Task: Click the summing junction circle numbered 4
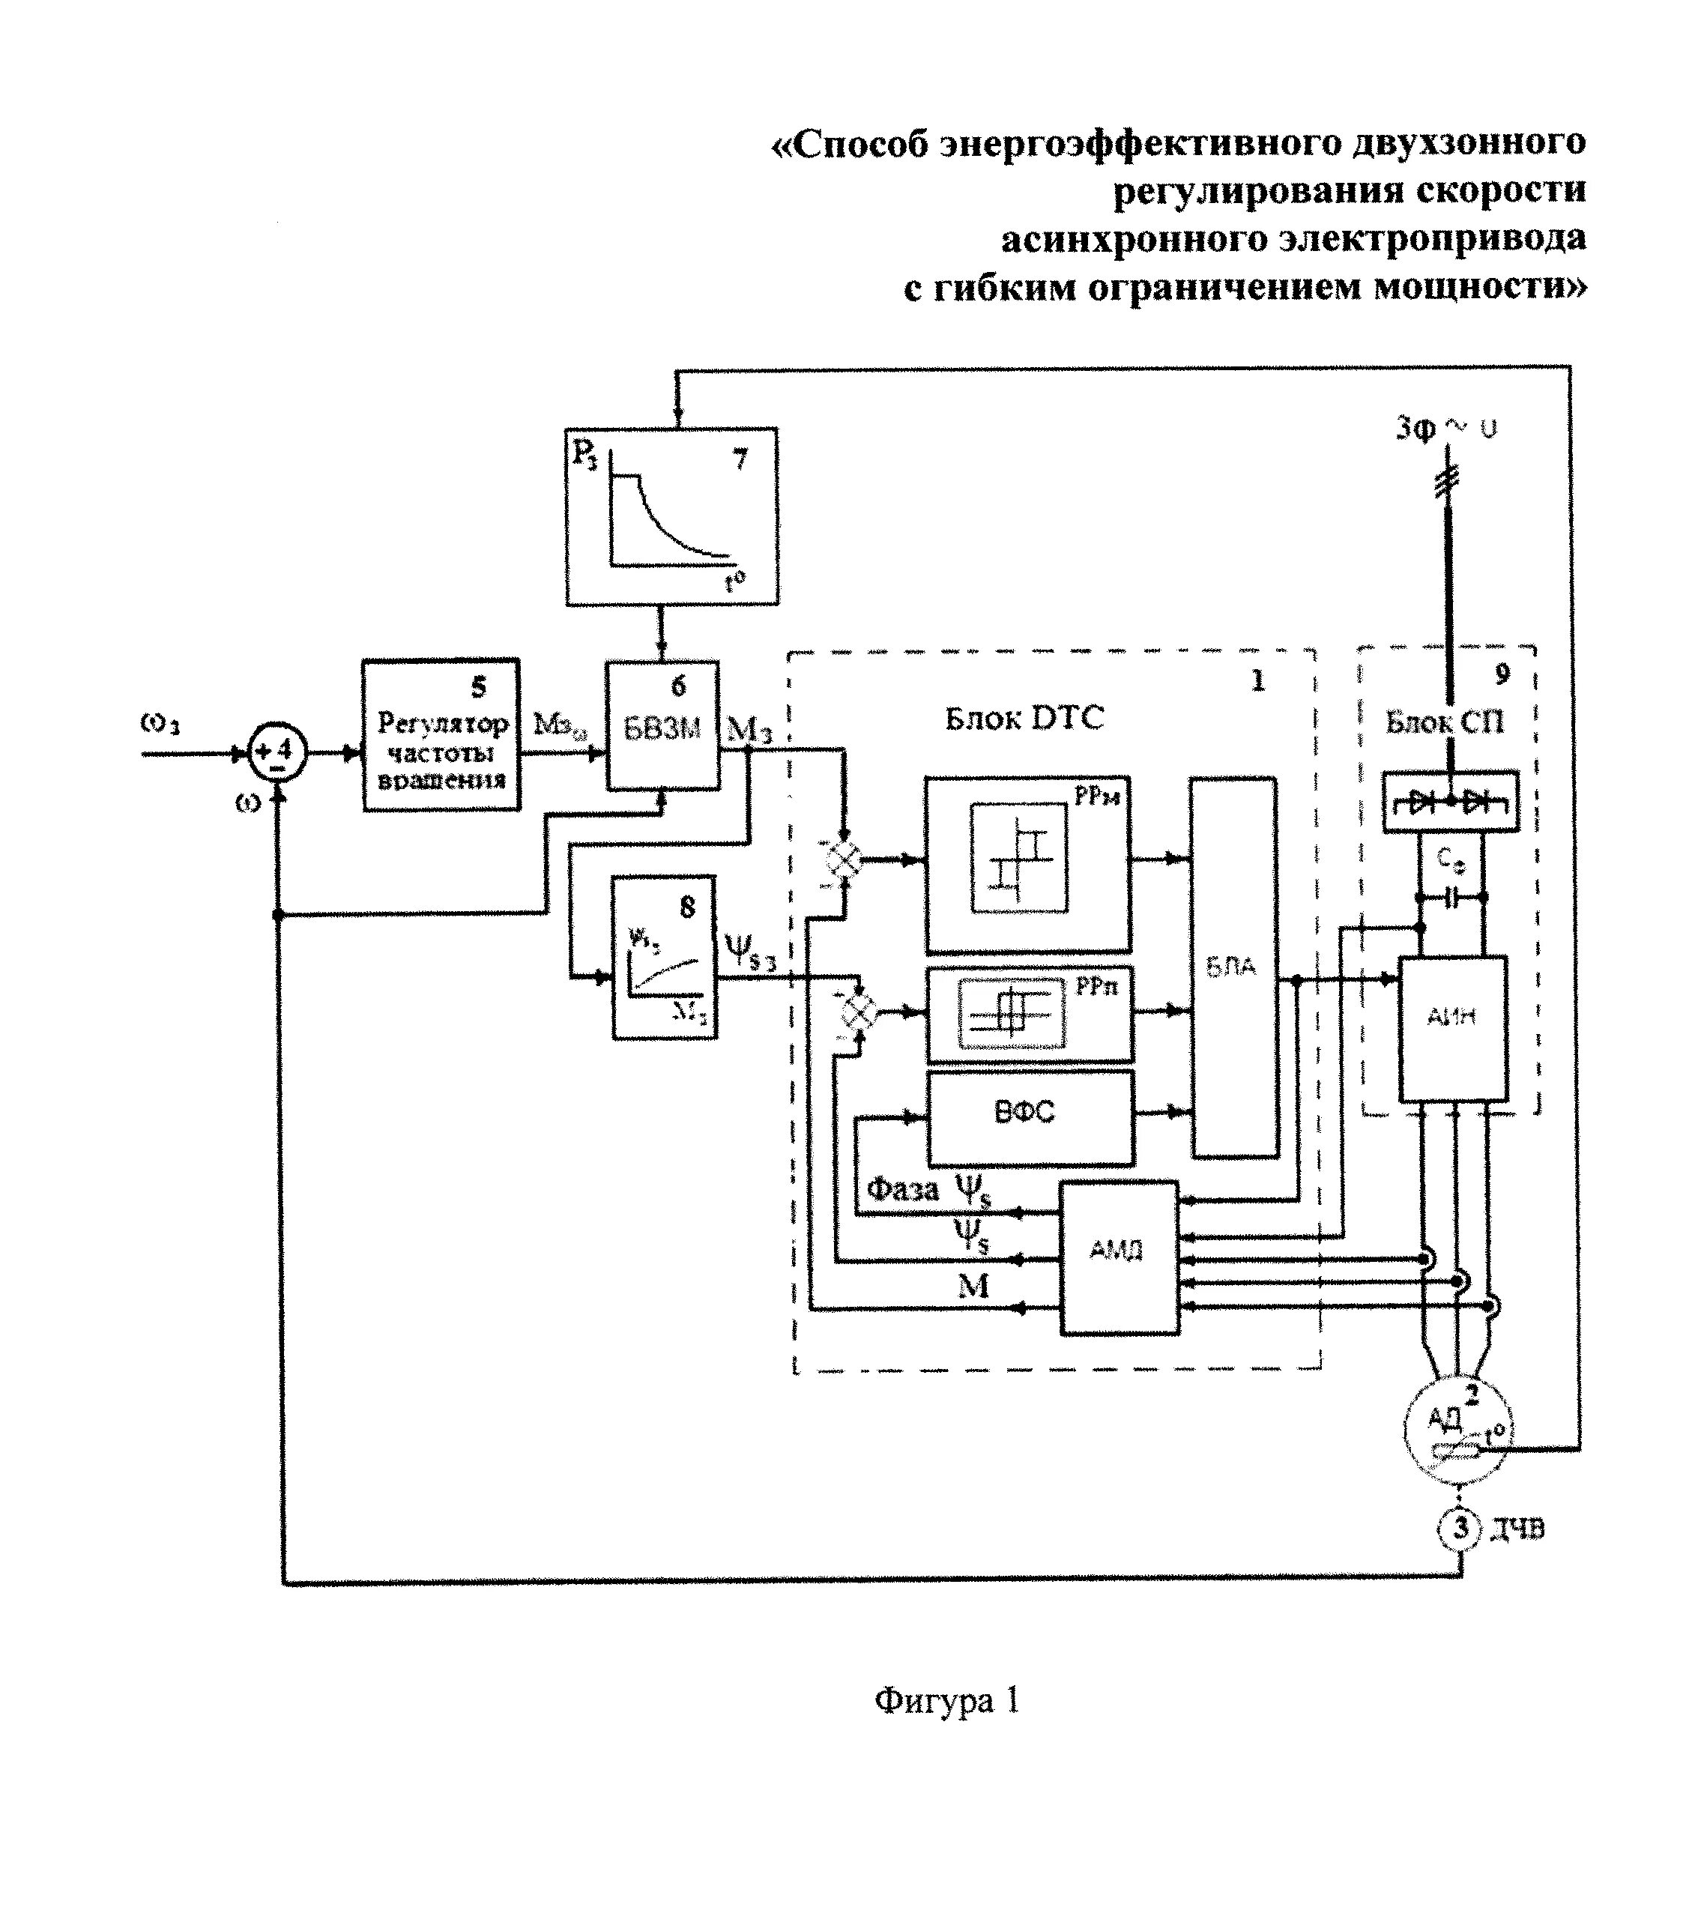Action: pyautogui.click(x=277, y=753)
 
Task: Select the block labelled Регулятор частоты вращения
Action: pyautogui.click(x=441, y=735)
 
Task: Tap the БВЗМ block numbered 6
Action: pyautogui.click(x=662, y=725)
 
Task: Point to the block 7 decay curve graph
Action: pyautogui.click(x=671, y=516)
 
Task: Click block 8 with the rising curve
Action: pyautogui.click(x=664, y=957)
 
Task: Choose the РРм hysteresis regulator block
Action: pyautogui.click(x=1027, y=864)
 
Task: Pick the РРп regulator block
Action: pyautogui.click(x=1029, y=1015)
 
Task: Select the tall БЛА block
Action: pyautogui.click(x=1233, y=967)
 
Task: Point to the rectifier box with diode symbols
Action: pyautogui.click(x=1450, y=801)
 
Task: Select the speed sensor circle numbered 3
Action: pyautogui.click(x=1459, y=1528)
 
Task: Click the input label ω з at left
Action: pyautogui.click(x=160, y=722)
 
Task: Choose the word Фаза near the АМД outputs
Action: pyautogui.click(x=902, y=1189)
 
